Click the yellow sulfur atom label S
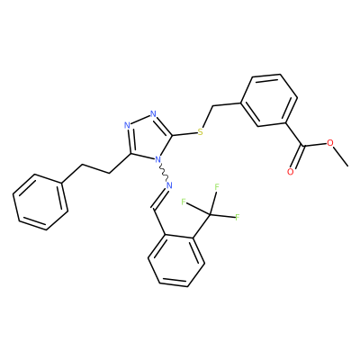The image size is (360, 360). (200, 132)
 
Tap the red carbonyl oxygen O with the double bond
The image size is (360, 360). (290, 172)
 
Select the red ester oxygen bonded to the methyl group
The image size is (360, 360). (330, 143)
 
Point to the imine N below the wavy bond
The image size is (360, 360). (169, 185)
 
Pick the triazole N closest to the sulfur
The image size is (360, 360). (154, 114)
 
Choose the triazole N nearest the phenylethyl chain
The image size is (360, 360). (127, 125)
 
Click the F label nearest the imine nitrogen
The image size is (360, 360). (184, 202)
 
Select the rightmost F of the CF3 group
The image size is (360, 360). (237, 217)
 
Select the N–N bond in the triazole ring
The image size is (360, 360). (140, 120)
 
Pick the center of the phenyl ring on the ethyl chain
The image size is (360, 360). (40, 202)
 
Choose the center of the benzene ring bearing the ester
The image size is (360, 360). (269, 101)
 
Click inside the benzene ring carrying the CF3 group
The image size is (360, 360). (176, 259)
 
